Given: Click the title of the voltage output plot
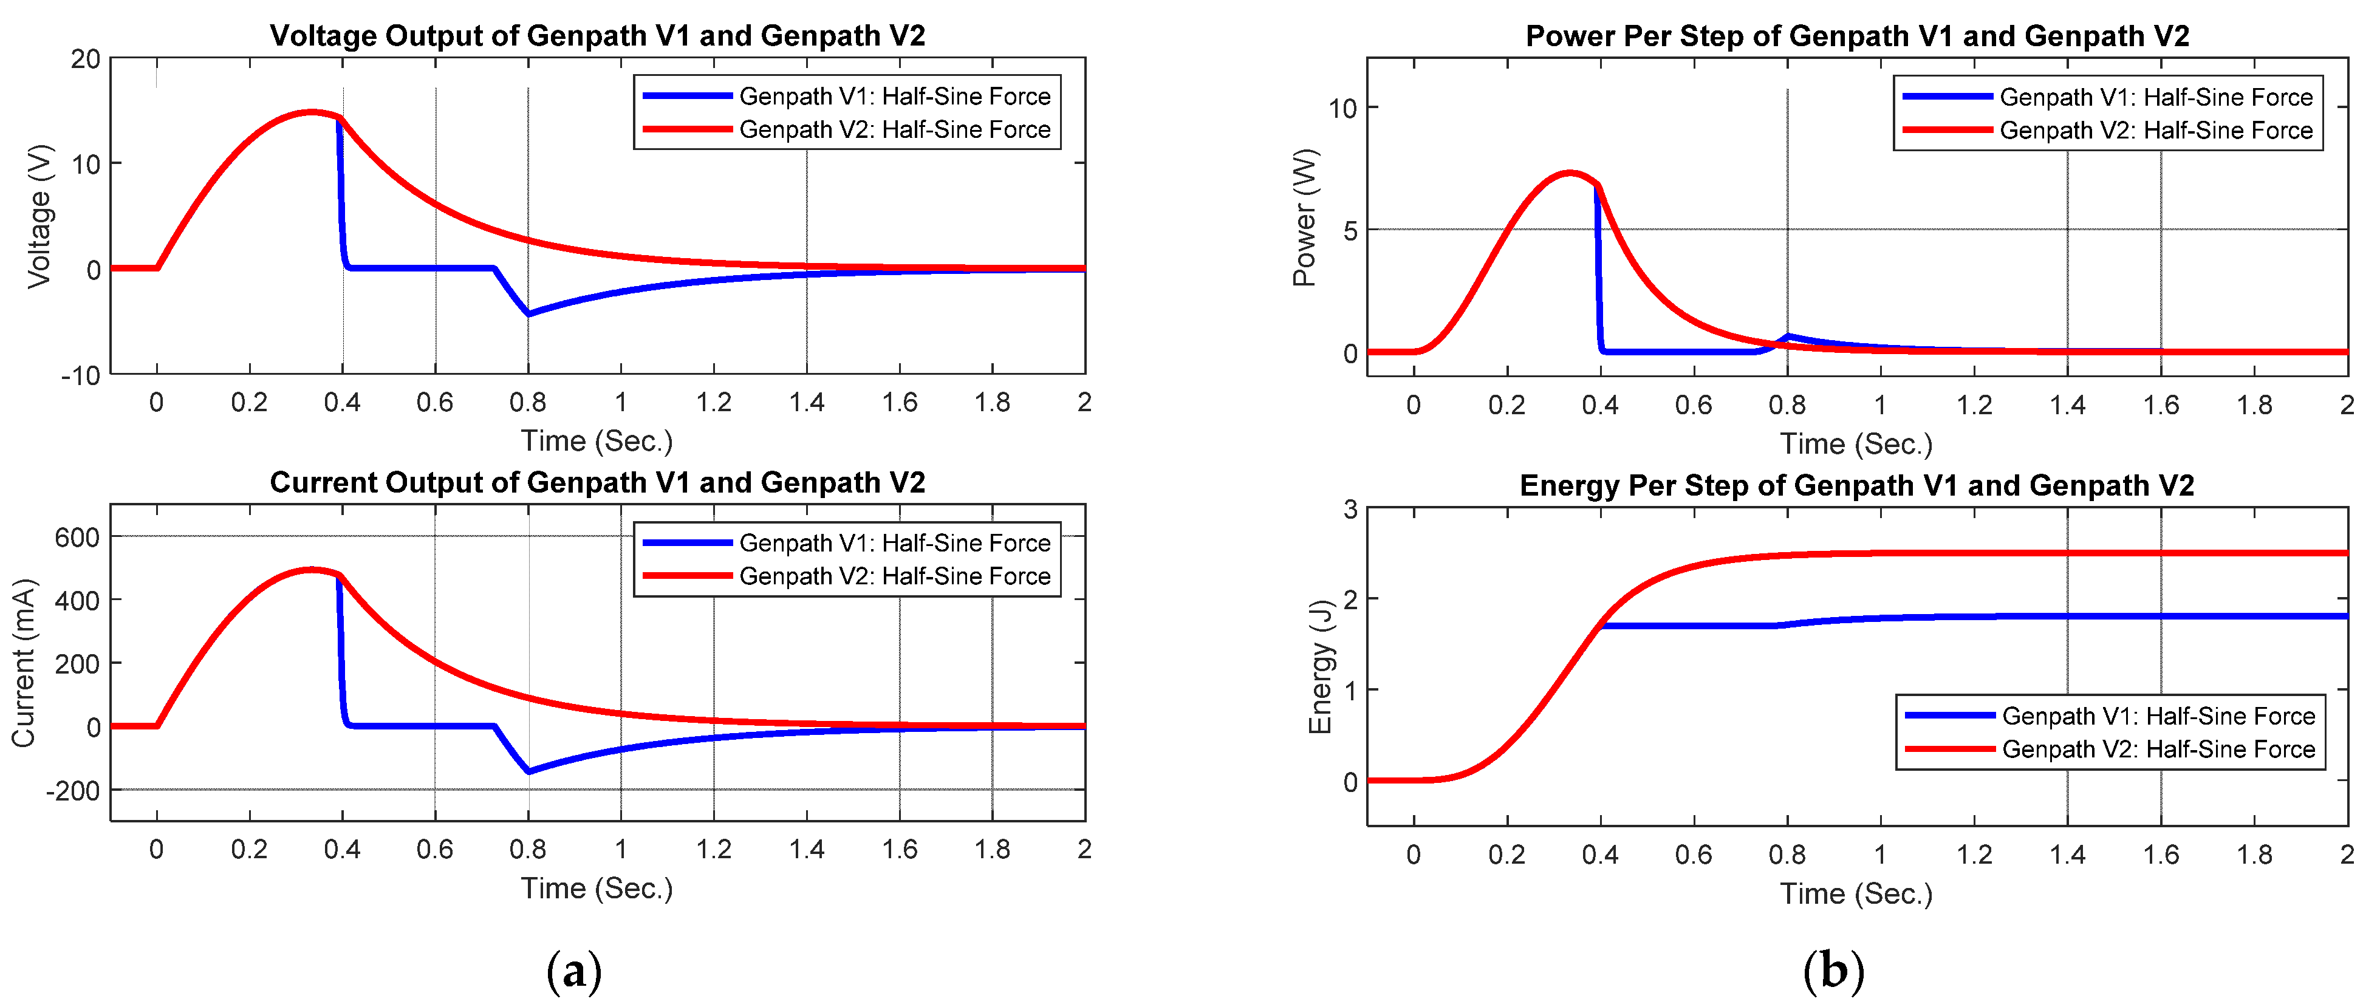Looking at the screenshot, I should pyautogui.click(x=597, y=36).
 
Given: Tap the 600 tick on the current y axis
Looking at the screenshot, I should pyautogui.click(x=77, y=538).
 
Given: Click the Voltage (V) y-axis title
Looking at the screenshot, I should pyautogui.click(x=38, y=216).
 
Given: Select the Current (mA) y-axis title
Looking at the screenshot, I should pyautogui.click(x=23, y=663).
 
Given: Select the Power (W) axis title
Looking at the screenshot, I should pyautogui.click(x=1304, y=217).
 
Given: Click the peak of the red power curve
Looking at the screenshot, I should pyautogui.click(x=1570, y=172).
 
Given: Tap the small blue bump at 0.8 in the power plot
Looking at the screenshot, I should pyautogui.click(x=1788, y=336).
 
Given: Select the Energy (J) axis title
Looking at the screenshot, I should pyautogui.click(x=1319, y=666).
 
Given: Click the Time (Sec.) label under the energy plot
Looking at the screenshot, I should pyautogui.click(x=1856, y=893).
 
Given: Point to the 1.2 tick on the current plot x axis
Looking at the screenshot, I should pyautogui.click(x=714, y=849).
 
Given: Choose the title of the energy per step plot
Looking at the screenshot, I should pyautogui.click(x=1856, y=485).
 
